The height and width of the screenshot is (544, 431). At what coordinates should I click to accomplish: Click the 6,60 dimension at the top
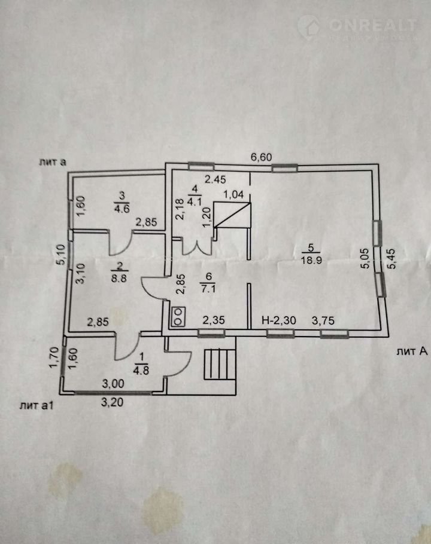[x=262, y=157]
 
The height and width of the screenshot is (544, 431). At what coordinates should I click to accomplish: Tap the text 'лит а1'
[x=35, y=406]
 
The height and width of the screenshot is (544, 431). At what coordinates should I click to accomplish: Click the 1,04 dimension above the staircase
[x=233, y=194]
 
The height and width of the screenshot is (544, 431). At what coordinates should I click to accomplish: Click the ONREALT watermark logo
[x=365, y=25]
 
